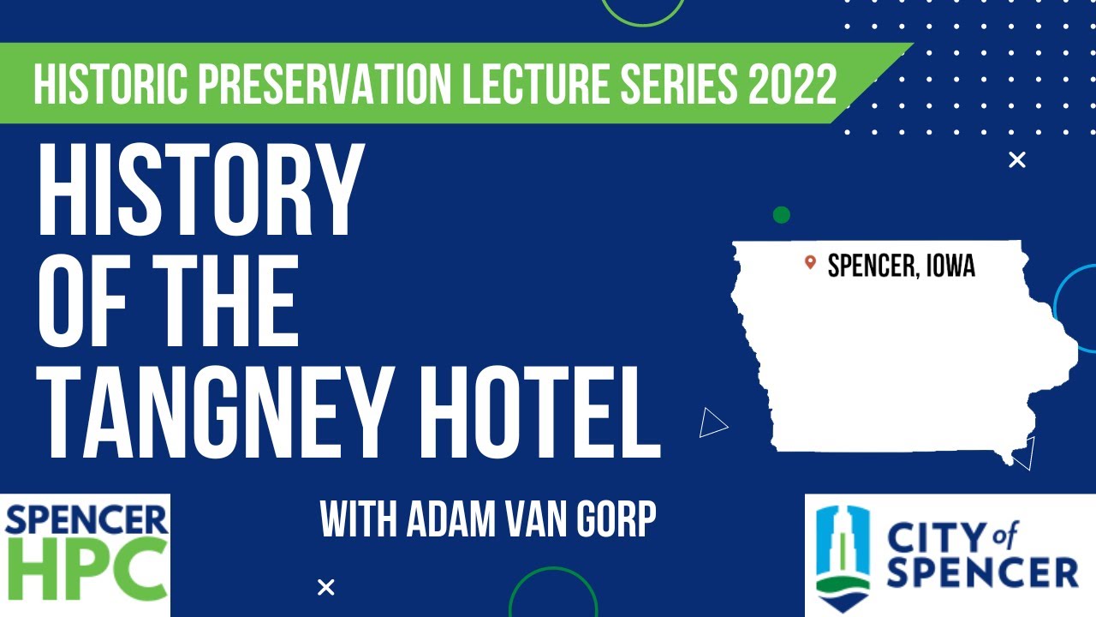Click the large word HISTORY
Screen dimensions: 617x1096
tap(196, 192)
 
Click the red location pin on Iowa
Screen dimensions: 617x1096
tap(810, 262)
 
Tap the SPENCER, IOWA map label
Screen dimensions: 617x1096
tap(902, 266)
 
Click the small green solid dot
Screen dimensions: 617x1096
tap(781, 215)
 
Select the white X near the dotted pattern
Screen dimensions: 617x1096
tap(1017, 159)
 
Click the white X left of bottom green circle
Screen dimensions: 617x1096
tap(325, 587)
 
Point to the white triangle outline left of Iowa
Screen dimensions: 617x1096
tap(712, 422)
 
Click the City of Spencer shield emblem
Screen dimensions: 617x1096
tap(843, 553)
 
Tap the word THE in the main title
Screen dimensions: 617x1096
tap(213, 304)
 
